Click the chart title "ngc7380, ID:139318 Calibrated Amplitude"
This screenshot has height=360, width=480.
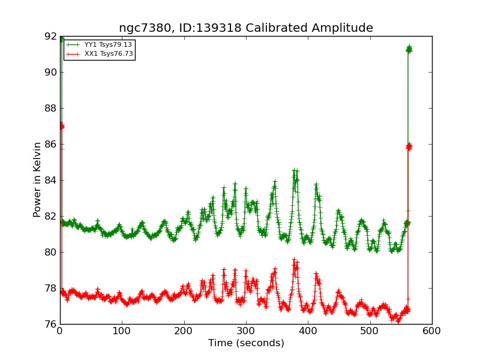(245, 28)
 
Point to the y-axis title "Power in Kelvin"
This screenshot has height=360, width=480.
(37, 179)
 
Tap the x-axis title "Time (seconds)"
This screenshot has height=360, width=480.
(246, 343)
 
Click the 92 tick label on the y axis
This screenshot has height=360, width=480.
(50, 36)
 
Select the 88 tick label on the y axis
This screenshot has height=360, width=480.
(50, 108)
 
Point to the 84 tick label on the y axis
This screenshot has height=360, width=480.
(50, 180)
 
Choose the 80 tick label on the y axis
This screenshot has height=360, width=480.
(50, 252)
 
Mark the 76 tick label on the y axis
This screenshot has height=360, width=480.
(50, 324)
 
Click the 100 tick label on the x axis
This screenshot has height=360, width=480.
(122, 331)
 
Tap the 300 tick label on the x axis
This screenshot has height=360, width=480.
(246, 331)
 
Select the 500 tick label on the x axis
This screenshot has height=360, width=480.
(370, 331)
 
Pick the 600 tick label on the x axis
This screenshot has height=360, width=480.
(431, 331)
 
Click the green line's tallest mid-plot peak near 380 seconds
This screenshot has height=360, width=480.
(295, 172)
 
